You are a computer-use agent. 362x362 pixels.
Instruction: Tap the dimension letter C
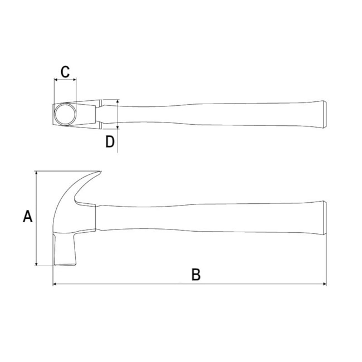coord(65,71)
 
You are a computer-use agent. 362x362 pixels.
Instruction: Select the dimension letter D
coord(110,141)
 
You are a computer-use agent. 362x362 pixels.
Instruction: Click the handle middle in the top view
coord(212,114)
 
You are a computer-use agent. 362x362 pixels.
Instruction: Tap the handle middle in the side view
coord(212,219)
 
